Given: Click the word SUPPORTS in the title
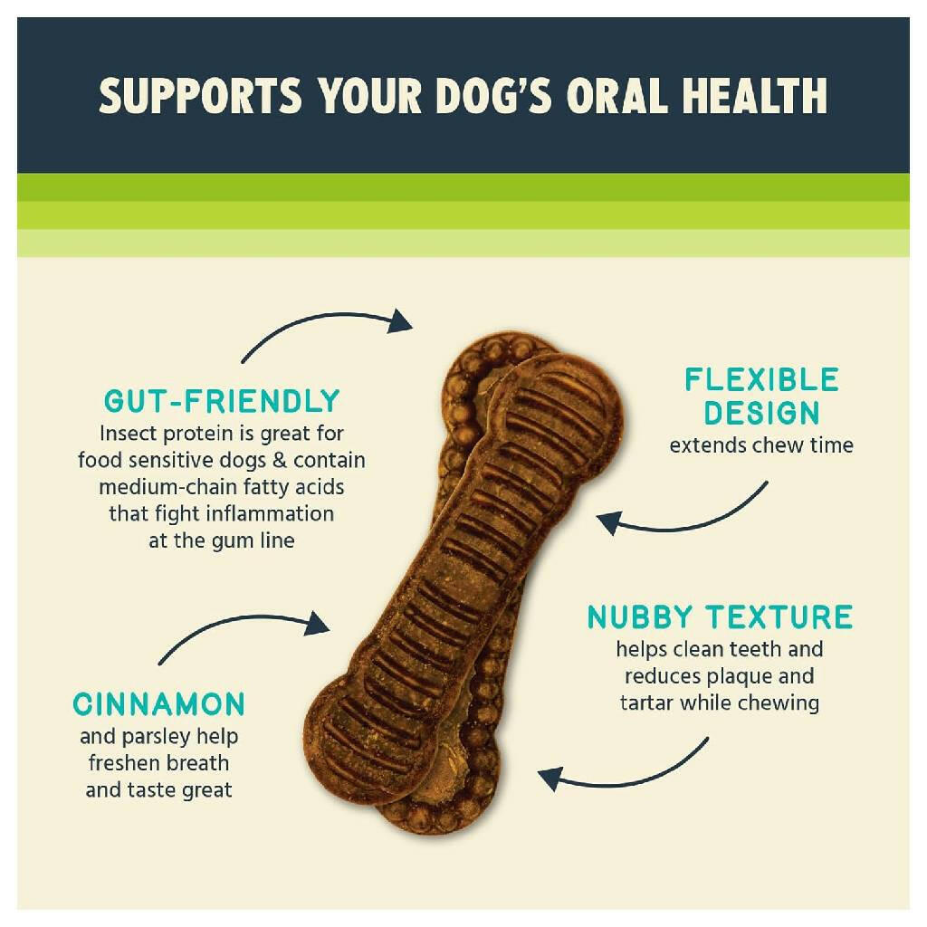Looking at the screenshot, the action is click(x=201, y=96).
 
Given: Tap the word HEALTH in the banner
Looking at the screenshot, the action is click(x=755, y=96).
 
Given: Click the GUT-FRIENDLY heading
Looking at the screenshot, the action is click(x=222, y=401).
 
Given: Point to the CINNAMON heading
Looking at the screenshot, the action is click(x=158, y=704).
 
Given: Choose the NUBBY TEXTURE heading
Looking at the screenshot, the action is click(x=720, y=617).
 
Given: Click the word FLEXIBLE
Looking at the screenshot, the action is click(x=761, y=379).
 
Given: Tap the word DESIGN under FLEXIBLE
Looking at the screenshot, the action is click(x=761, y=413).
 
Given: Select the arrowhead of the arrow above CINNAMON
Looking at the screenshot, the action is click(x=317, y=624).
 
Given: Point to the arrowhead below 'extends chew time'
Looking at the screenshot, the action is click(x=609, y=522).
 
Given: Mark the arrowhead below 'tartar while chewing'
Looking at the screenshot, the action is click(x=550, y=779).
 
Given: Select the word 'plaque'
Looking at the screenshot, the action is click(x=740, y=676).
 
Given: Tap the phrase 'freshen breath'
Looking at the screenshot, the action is click(x=158, y=763).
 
